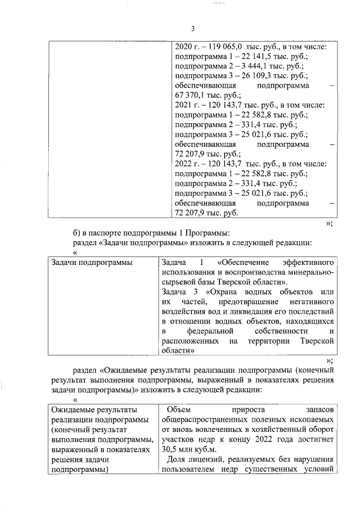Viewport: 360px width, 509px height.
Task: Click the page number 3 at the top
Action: (x=192, y=29)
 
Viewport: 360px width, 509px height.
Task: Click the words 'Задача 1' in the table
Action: (x=182, y=262)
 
